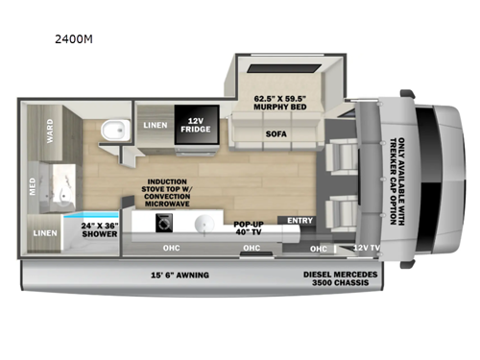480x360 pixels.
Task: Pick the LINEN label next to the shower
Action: click(43, 232)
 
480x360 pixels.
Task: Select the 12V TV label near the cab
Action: click(365, 248)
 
